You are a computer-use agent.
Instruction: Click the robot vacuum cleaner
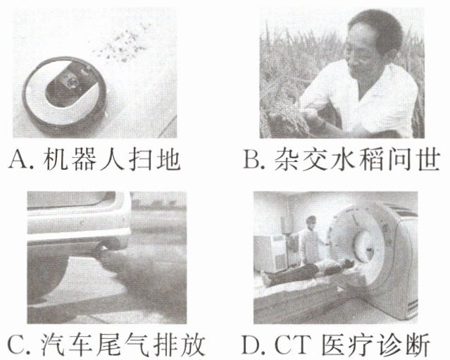click(65, 92)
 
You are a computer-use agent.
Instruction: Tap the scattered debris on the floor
click(122, 43)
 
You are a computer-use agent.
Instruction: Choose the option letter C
click(18, 344)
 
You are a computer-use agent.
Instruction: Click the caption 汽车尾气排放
click(123, 344)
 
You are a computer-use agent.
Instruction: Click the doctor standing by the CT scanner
click(311, 240)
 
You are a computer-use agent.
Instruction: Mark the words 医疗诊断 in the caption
click(376, 344)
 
